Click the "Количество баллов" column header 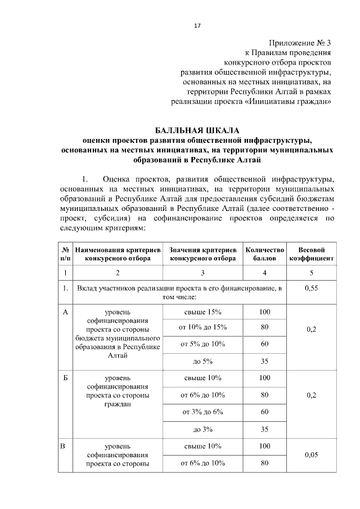(264, 254)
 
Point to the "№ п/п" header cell (65, 254)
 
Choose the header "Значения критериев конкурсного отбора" (202, 254)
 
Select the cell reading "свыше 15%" (202, 312)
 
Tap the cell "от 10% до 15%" (202, 327)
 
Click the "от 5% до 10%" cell (202, 344)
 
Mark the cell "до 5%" (202, 361)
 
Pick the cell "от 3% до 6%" (202, 412)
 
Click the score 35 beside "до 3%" (264, 430)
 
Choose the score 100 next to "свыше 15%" (264, 312)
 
